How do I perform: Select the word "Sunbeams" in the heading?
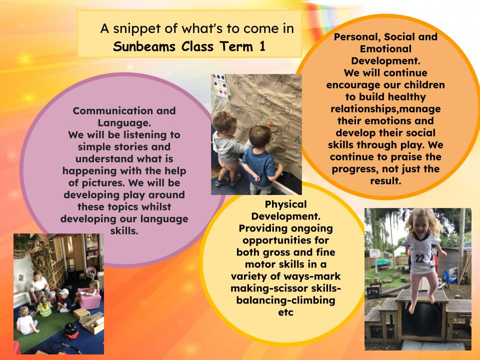(x=144, y=46)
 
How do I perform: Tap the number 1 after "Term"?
(x=262, y=46)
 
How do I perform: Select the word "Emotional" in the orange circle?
(x=385, y=48)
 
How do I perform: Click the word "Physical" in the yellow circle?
(x=285, y=204)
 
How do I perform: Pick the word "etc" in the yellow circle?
(x=285, y=312)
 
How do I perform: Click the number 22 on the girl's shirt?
(x=419, y=258)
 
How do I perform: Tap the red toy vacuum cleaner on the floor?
(x=71, y=331)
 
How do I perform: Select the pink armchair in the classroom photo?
(x=89, y=298)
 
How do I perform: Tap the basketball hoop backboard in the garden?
(x=375, y=253)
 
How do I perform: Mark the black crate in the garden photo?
(x=374, y=292)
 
